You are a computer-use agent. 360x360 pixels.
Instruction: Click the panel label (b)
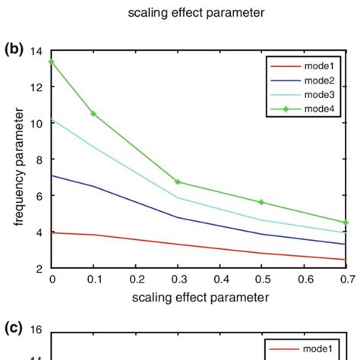[x=14, y=50]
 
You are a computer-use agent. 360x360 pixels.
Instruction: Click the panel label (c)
[x=14, y=328]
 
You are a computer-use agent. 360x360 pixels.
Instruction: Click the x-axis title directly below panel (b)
[x=199, y=298]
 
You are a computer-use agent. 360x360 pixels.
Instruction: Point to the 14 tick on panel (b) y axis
[x=36, y=52]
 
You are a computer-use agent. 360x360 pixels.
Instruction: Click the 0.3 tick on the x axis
[x=178, y=279]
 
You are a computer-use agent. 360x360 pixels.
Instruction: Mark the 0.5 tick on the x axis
[x=262, y=279]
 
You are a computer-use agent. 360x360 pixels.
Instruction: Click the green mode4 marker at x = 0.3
[x=178, y=182]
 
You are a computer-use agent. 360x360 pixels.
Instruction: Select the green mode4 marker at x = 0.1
[x=93, y=114]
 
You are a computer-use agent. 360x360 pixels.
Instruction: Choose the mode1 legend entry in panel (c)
[x=305, y=349]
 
